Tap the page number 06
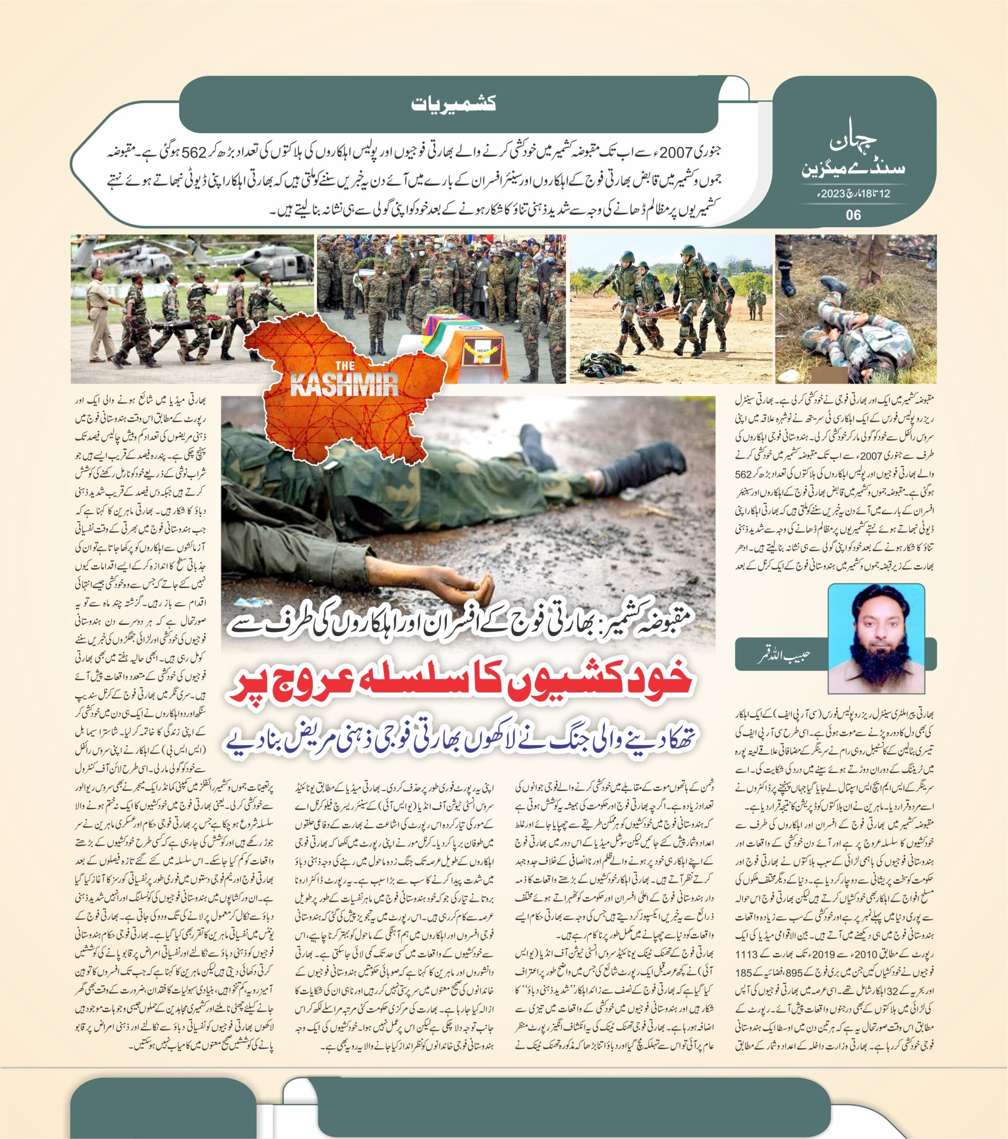pyautogui.click(x=853, y=214)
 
